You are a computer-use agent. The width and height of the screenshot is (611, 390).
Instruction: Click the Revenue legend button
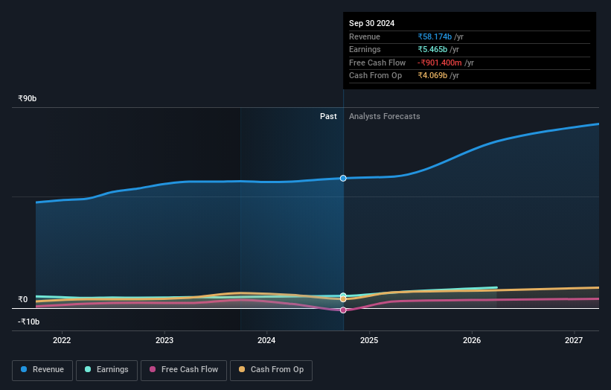point(42,370)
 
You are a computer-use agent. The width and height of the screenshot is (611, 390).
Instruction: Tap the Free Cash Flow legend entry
point(185,370)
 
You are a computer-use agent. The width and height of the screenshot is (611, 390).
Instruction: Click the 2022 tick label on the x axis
point(62,341)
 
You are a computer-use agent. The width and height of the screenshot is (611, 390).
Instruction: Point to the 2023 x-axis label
point(164,341)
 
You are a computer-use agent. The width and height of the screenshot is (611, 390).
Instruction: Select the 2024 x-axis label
point(266,341)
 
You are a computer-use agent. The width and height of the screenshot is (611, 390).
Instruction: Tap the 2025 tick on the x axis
point(369,341)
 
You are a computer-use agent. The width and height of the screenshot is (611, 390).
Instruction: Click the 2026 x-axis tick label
point(471,341)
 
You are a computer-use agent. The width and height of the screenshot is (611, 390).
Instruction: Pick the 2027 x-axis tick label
point(574,341)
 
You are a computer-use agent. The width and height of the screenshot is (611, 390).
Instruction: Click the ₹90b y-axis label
point(28,98)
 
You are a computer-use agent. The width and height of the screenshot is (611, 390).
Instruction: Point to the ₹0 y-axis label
point(23,300)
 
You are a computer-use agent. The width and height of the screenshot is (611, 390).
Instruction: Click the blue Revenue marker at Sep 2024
point(343,178)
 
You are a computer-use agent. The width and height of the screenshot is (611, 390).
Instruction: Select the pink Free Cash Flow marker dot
point(343,310)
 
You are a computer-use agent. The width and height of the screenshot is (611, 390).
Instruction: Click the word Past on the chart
point(328,116)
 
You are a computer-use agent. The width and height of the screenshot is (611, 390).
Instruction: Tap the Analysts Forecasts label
point(384,116)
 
